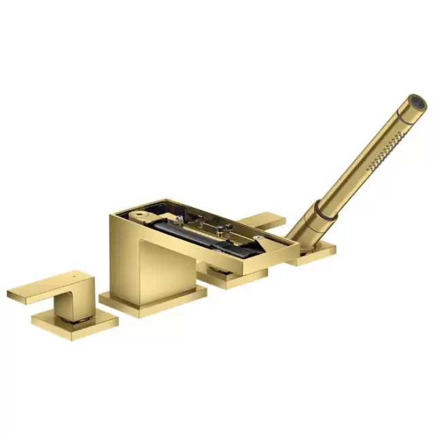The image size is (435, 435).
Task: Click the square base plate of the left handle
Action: point(75,324)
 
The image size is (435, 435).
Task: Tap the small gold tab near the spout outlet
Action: point(260,239)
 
